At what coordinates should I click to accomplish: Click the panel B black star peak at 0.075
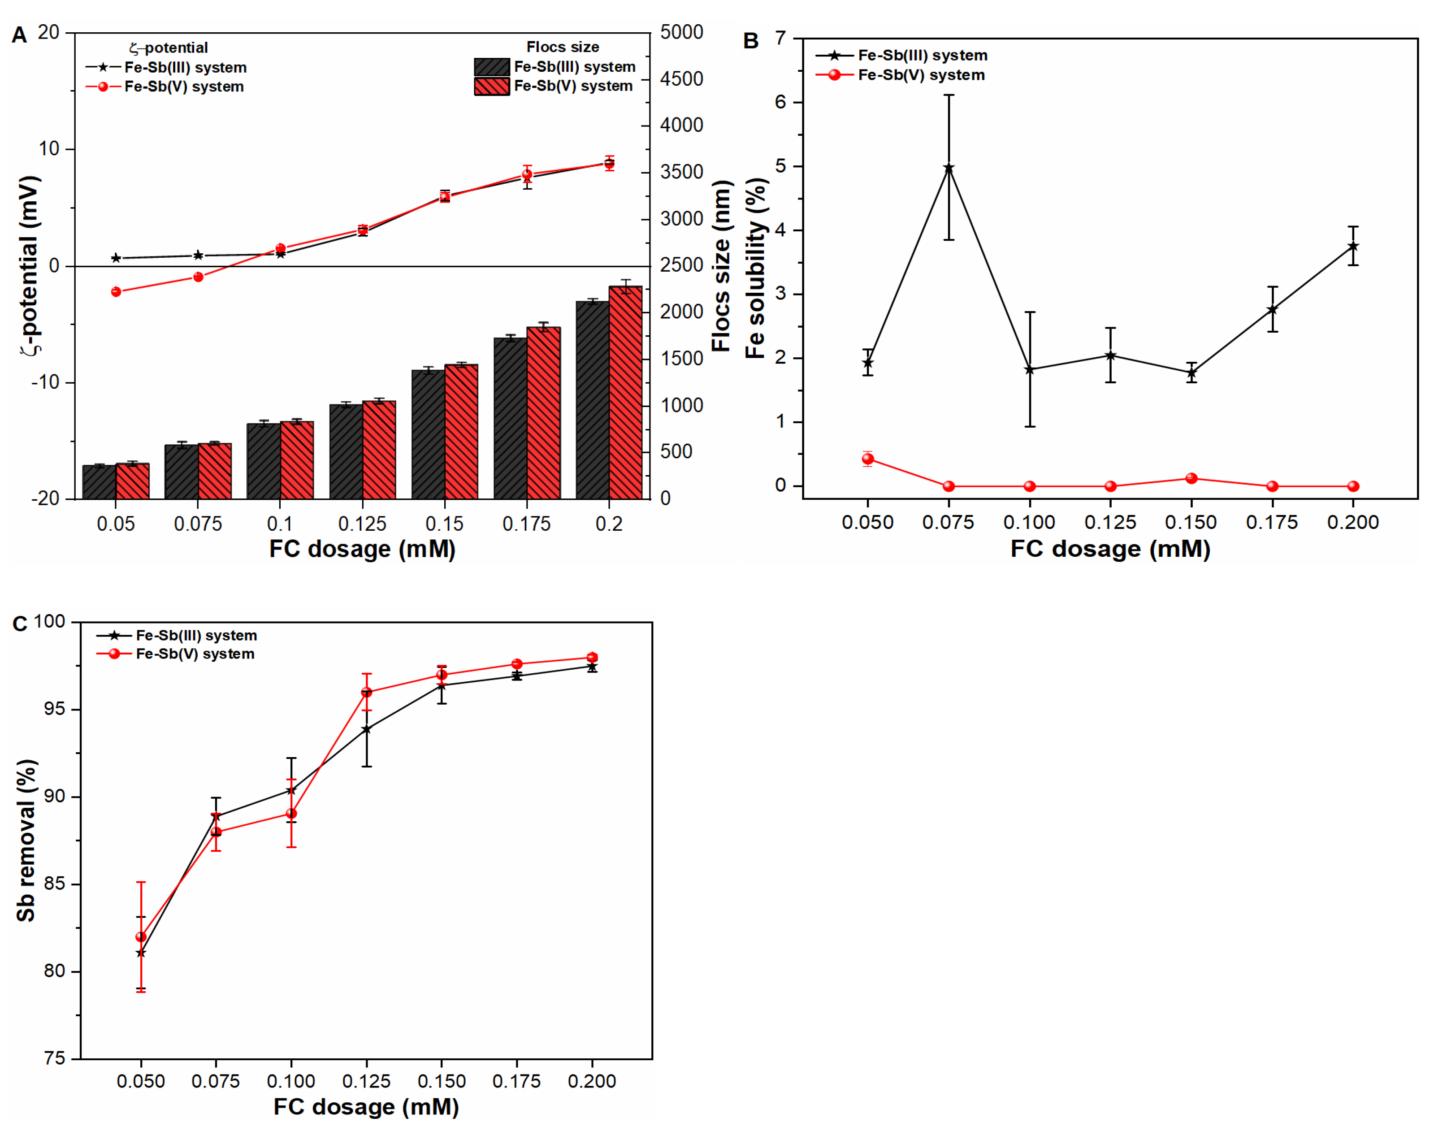click(948, 168)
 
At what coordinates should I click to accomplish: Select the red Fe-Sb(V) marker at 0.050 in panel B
click(867, 459)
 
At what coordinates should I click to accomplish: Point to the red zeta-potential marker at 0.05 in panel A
click(116, 291)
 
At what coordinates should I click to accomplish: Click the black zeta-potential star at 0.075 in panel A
click(198, 255)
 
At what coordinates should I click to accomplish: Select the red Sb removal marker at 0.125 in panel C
click(366, 692)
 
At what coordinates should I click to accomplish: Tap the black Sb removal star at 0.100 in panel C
click(291, 790)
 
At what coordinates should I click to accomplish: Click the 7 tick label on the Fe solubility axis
click(781, 39)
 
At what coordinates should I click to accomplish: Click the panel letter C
click(20, 624)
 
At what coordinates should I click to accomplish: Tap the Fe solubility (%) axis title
click(755, 268)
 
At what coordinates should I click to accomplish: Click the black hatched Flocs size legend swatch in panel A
click(491, 67)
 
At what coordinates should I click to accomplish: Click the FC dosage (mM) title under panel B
click(1110, 549)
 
